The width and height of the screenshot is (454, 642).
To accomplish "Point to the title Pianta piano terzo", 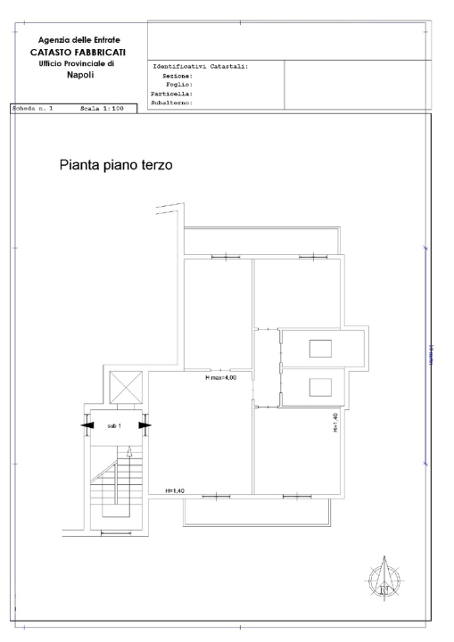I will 114,165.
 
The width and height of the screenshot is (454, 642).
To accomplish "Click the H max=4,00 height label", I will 221,378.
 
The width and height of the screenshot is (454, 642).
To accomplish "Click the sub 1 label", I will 113,425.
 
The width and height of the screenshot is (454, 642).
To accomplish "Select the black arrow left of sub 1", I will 87,425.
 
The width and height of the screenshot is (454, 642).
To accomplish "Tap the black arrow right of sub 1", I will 144,425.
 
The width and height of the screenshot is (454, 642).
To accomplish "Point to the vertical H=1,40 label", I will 334,423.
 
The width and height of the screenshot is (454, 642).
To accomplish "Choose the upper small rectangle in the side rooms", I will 320,348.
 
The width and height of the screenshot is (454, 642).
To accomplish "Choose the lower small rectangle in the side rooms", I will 320,387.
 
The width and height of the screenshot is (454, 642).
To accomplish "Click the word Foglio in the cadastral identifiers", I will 180,85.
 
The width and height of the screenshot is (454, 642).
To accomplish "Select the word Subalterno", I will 173,103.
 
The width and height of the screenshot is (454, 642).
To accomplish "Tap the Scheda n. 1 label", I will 33,108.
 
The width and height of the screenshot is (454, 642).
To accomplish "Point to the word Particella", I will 172,94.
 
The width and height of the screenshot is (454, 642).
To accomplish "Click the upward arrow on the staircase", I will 129,454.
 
